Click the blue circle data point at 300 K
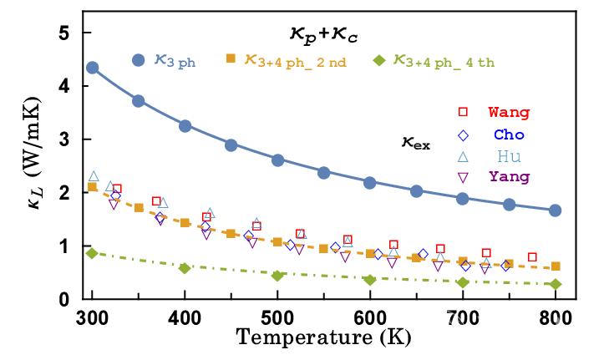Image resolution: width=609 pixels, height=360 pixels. coord(92,68)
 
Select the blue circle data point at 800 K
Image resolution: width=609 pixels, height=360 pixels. coord(556,210)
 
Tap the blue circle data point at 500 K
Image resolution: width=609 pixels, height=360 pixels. coord(277,160)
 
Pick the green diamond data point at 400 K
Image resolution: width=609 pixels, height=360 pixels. coord(185,268)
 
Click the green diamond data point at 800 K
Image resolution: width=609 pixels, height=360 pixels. coord(556,284)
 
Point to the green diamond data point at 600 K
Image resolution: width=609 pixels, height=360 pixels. coord(370,280)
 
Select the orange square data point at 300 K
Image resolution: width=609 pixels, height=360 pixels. coord(92,187)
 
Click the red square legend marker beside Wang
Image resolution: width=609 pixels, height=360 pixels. coord(462,112)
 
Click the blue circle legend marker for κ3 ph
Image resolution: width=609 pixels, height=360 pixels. coord(139,60)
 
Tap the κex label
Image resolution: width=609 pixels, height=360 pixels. coord(413,143)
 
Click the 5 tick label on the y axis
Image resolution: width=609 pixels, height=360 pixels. coord(63,33)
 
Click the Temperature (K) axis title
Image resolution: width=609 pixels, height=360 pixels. coord(322,339)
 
